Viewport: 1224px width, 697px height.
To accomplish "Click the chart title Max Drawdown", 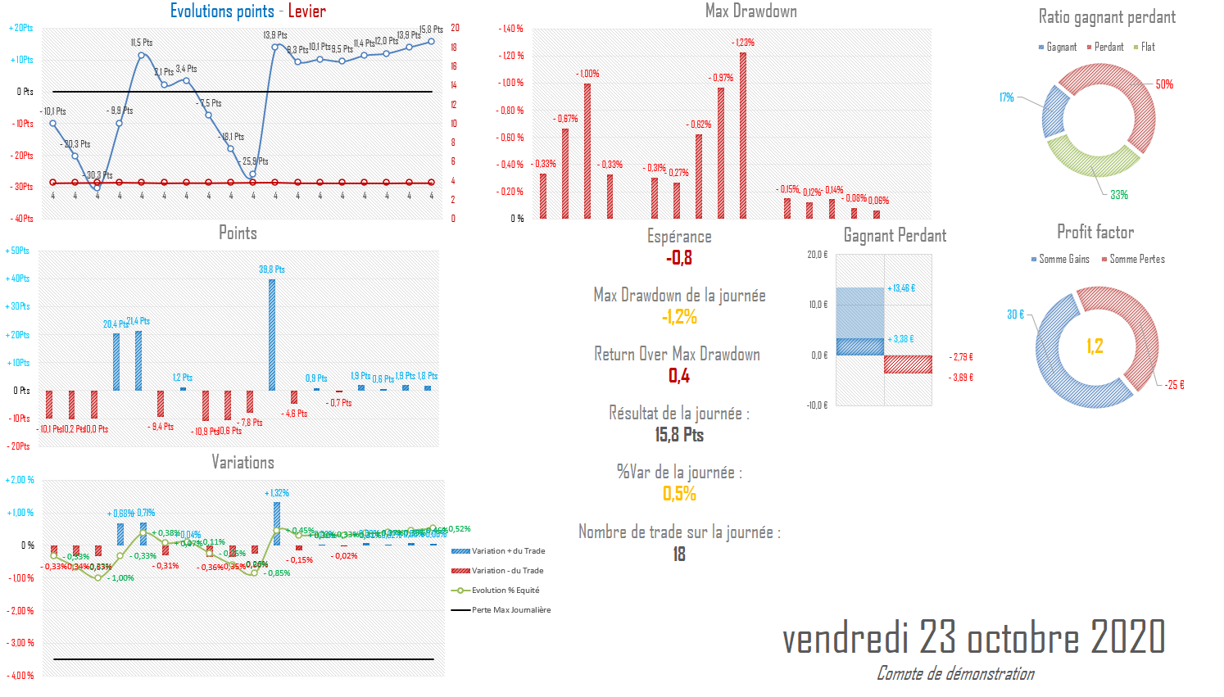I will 750,11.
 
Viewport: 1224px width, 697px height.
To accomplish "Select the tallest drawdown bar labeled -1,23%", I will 743,135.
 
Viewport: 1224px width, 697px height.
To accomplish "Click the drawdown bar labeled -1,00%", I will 587,151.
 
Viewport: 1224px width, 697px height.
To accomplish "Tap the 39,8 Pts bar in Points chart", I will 272,334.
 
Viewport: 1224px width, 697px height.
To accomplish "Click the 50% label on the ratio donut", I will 1164,84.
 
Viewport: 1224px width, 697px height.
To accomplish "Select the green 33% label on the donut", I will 1119,195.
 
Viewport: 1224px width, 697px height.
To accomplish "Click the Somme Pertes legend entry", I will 1136,260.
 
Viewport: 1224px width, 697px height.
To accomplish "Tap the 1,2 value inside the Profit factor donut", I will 1095,346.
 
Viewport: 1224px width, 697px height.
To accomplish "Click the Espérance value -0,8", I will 679,259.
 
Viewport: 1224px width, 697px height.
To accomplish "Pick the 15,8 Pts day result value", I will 679,435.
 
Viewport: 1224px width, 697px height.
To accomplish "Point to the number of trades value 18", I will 679,554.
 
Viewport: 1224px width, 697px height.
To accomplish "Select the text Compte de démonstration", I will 955,674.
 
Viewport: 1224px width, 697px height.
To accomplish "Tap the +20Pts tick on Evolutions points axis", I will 21,28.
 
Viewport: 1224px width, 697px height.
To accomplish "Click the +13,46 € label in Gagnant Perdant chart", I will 901,288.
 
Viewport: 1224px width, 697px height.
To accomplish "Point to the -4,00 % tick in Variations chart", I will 21,676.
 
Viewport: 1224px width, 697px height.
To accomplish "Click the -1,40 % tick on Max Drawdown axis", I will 511,29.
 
